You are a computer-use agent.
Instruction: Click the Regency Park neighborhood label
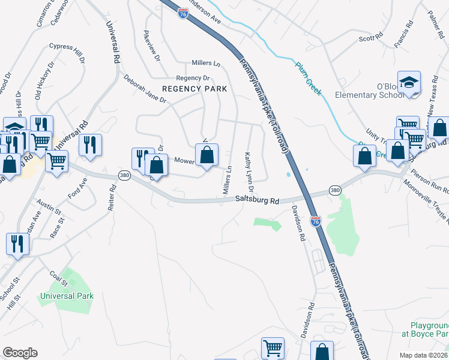click(x=194, y=89)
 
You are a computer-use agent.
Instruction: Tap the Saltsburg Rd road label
click(x=258, y=201)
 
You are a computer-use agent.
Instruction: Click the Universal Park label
click(x=67, y=296)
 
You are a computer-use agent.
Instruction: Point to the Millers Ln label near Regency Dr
click(x=206, y=63)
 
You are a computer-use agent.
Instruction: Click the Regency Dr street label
click(x=193, y=78)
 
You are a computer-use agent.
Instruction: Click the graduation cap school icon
click(x=409, y=83)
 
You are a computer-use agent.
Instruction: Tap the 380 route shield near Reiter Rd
click(x=124, y=175)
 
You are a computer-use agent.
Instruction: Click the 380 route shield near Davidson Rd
click(x=336, y=190)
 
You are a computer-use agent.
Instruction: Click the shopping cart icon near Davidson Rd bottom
click(x=273, y=347)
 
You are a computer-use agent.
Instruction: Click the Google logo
click(x=20, y=353)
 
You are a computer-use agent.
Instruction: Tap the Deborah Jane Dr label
click(x=145, y=89)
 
